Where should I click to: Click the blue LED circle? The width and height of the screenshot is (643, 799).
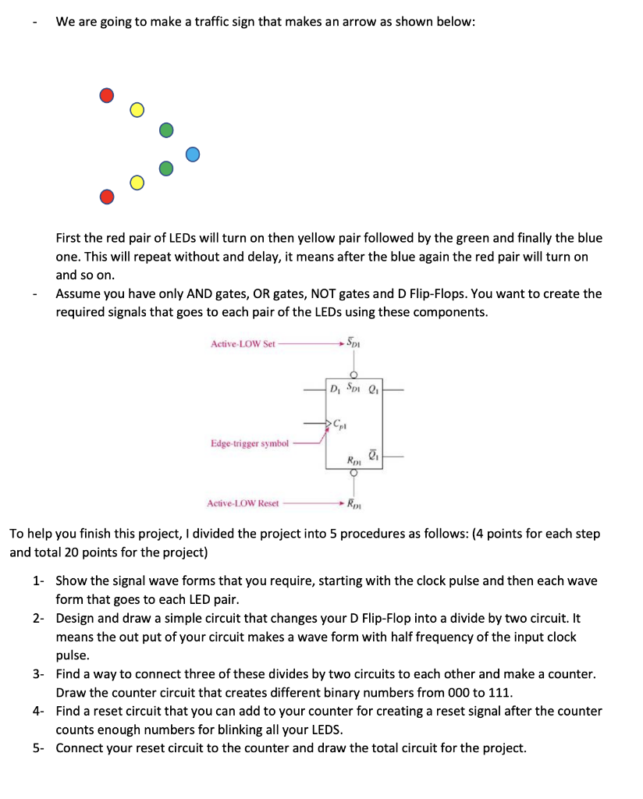[x=194, y=154]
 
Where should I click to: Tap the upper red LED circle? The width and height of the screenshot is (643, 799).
[x=107, y=95]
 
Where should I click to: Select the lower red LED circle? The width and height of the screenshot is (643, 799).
[x=107, y=196]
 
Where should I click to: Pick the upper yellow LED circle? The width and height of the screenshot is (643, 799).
[x=137, y=109]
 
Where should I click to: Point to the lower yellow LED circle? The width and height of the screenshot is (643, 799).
[x=137, y=183]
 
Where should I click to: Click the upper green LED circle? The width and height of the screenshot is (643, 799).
[x=165, y=129]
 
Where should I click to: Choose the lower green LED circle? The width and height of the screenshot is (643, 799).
[x=165, y=168]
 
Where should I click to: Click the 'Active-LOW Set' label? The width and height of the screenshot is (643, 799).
[x=243, y=343]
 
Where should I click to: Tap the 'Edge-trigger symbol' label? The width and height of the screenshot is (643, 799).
[x=250, y=443]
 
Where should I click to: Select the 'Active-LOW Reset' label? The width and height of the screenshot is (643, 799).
[x=243, y=502]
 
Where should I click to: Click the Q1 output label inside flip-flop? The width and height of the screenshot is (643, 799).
[x=371, y=389]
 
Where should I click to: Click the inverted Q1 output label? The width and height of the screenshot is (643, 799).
[x=372, y=454]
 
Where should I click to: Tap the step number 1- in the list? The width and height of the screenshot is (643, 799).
[x=39, y=581]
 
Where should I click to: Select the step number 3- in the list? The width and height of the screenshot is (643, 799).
[x=39, y=673]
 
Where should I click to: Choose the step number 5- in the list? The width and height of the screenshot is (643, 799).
[x=39, y=748]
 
